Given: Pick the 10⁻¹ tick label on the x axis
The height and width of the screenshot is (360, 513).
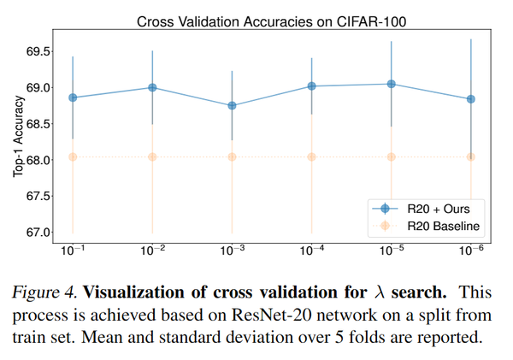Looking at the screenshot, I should point(73,251).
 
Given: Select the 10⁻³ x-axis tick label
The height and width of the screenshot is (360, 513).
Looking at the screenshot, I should point(232,251).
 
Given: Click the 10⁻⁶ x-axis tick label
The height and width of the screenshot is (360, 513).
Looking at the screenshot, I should point(470,251).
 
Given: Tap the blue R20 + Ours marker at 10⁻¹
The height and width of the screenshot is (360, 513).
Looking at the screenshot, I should point(73,97).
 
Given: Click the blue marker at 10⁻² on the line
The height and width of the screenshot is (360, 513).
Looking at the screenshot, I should point(152,87).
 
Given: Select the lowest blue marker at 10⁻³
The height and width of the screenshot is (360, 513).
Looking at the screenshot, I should point(232,105).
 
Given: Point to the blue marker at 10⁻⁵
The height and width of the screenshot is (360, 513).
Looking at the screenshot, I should point(391,84).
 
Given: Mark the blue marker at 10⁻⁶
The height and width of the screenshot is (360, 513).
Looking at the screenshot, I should point(470,99).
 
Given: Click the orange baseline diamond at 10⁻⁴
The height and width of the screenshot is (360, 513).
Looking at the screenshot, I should point(311,156).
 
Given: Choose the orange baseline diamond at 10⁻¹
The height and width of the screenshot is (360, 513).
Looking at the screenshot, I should point(73,156).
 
